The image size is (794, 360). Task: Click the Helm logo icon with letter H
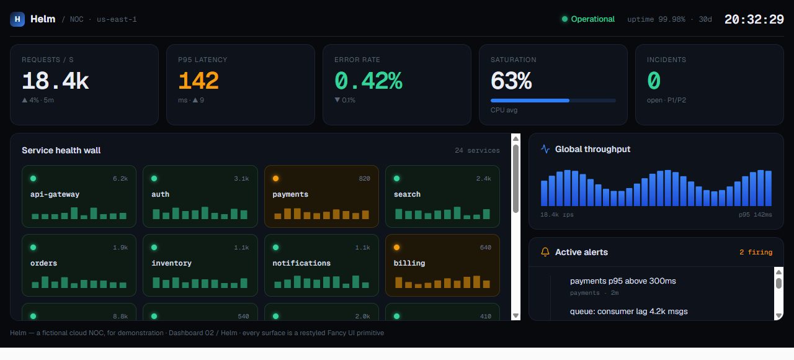[17, 19]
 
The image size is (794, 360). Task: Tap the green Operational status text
[592, 19]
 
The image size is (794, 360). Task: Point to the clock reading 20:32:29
[754, 19]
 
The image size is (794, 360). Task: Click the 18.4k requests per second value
[55, 81]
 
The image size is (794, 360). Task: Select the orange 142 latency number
[198, 81]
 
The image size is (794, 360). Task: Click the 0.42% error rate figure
[368, 81]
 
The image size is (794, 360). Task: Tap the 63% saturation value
[511, 81]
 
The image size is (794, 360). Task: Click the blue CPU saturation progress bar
[553, 101]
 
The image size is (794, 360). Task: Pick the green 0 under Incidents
[654, 81]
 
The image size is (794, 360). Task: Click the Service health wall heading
[61, 150]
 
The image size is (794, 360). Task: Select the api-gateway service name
[55, 194]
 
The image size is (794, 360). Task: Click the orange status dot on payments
[275, 178]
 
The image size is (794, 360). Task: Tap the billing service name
[409, 263]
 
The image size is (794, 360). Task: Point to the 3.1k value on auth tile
[241, 178]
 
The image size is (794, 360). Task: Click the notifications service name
[301, 263]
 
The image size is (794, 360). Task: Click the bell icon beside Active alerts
[545, 252]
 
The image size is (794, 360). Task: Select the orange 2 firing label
[756, 252]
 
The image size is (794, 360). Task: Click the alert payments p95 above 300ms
[623, 281]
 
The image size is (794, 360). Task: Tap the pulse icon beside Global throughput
[545, 149]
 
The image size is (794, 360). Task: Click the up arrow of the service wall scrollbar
[515, 138]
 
